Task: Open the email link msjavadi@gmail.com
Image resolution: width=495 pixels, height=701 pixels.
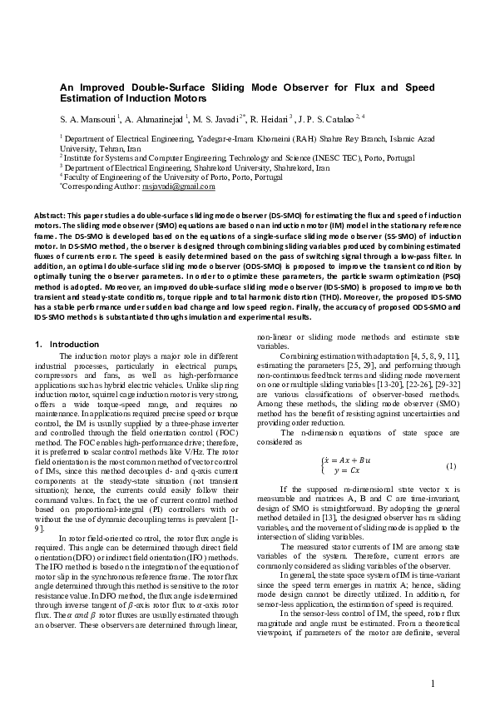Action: click(191, 187)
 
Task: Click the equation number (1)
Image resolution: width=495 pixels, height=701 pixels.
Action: click(452, 465)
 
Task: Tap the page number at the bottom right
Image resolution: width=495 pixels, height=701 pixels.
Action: click(433, 660)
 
